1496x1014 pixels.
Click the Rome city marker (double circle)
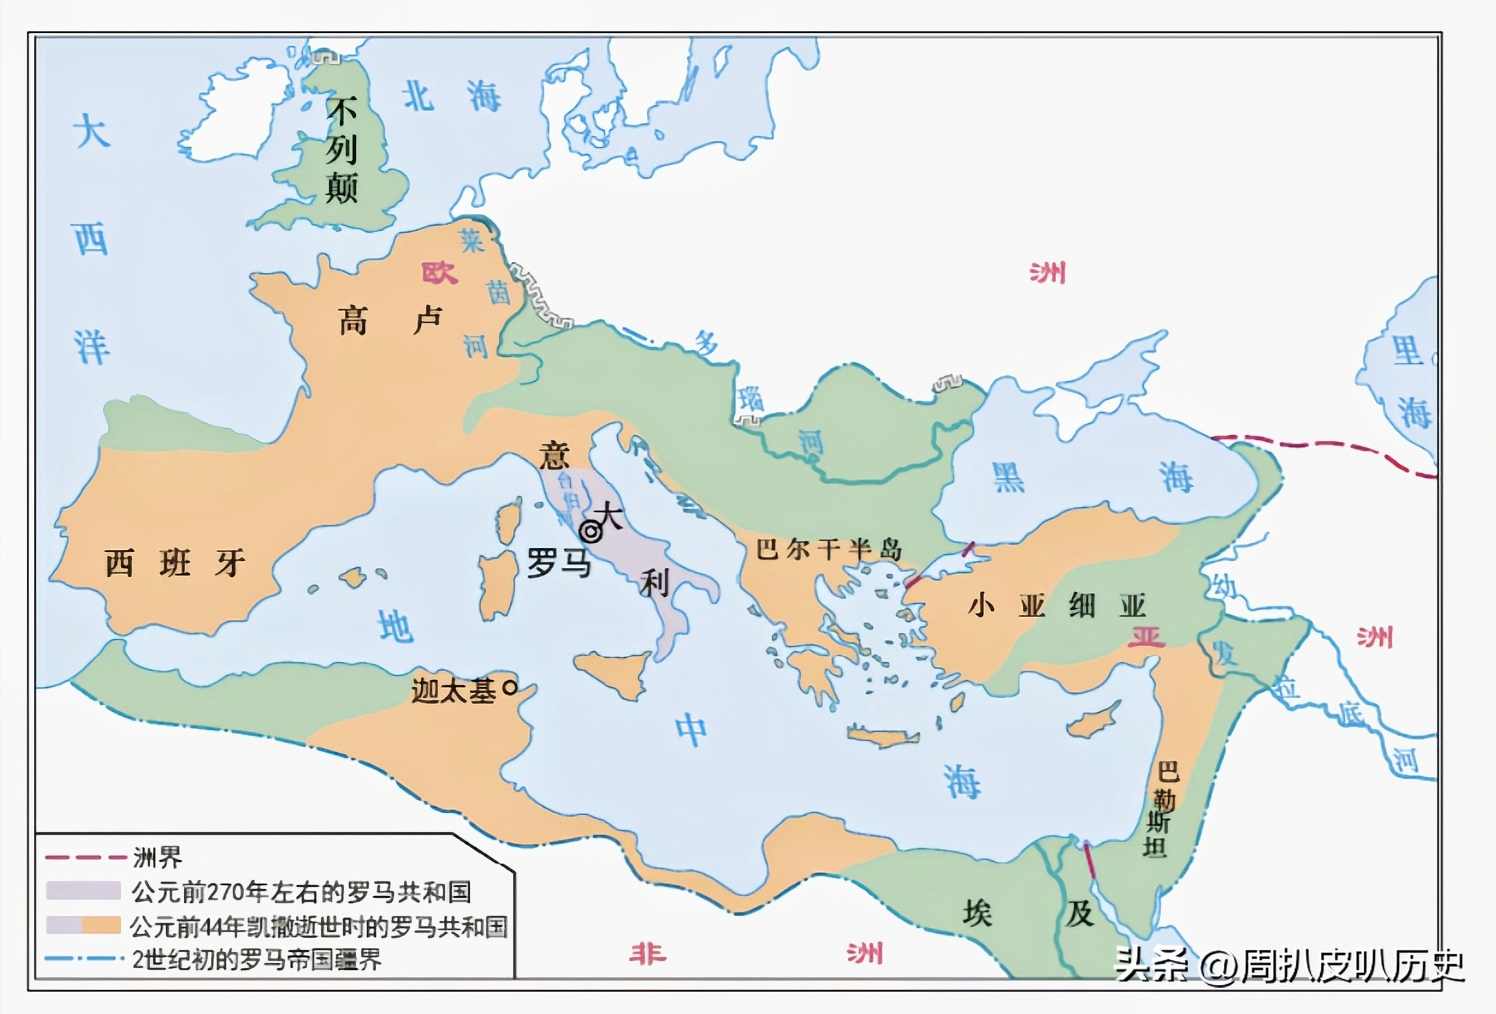[x=590, y=532]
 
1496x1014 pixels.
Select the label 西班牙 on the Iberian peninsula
[x=175, y=562]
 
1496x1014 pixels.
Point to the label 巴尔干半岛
[x=829, y=550]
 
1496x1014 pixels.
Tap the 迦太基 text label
[x=454, y=690]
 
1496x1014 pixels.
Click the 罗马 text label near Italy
[x=559, y=562]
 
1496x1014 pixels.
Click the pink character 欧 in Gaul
[x=440, y=272]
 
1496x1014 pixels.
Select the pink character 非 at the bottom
[x=648, y=954]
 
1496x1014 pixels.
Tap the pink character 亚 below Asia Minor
[x=1146, y=636]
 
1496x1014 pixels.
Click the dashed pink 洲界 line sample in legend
[x=86, y=857]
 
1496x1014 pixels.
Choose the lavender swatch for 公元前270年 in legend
[x=83, y=890]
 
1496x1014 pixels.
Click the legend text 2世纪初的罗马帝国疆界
[x=256, y=960]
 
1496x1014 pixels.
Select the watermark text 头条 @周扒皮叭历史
[x=1288, y=964]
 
